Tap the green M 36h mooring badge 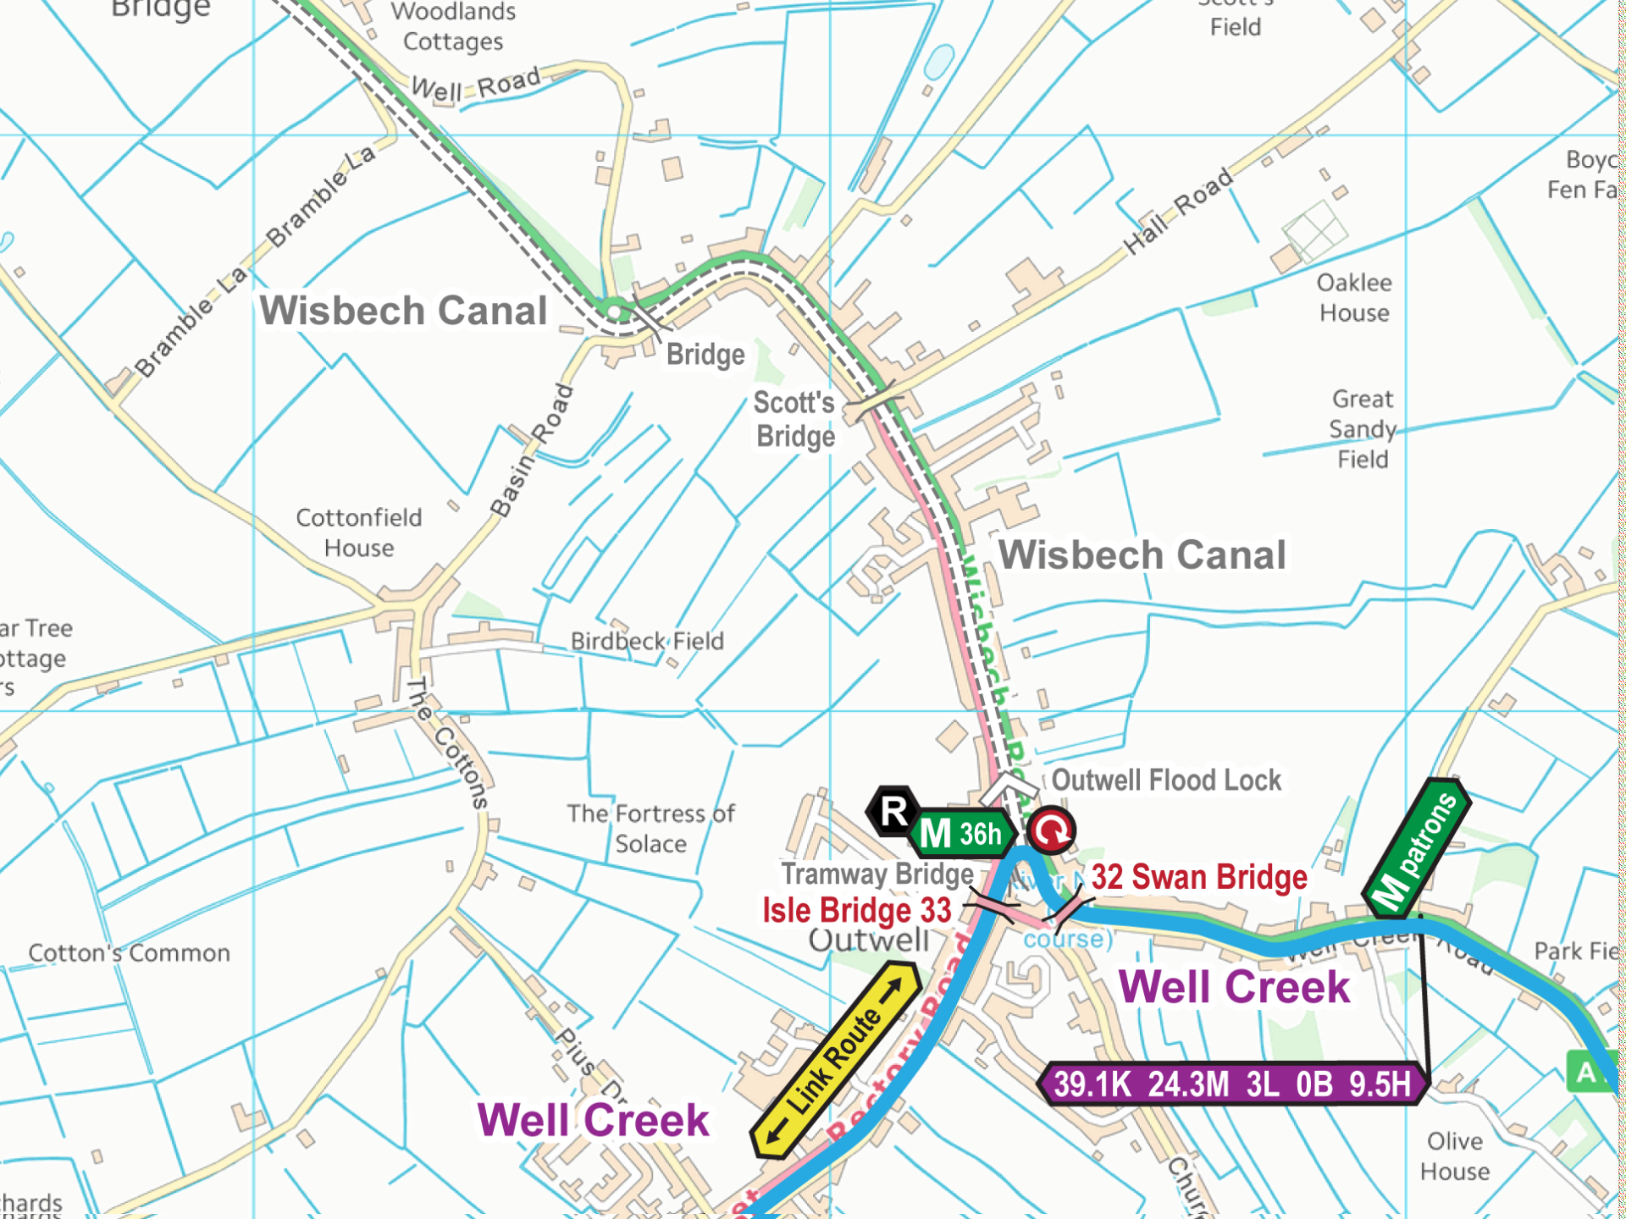click(963, 834)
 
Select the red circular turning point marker click(1051, 830)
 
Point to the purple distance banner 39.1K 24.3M click(1232, 1084)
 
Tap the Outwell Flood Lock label click(1166, 780)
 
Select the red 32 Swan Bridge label click(1198, 877)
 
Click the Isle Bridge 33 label click(856, 911)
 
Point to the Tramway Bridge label click(877, 874)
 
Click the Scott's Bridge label click(794, 419)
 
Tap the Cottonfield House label click(358, 532)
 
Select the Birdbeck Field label click(647, 641)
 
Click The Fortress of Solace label click(650, 828)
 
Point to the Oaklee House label click(1354, 297)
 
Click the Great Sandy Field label click(1362, 428)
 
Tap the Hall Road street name click(1178, 211)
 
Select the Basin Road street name click(533, 450)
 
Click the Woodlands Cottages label click(453, 26)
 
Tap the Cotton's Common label click(129, 953)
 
